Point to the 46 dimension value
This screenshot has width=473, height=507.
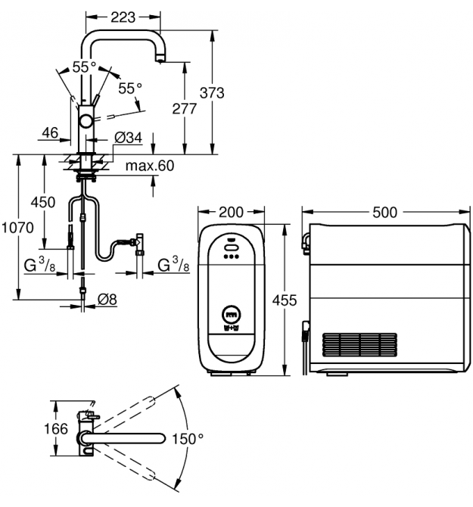tap(51, 133)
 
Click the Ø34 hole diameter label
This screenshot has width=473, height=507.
tap(129, 138)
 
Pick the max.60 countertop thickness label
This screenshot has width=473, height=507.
tap(150, 166)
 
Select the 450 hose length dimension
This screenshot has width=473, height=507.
tap(42, 202)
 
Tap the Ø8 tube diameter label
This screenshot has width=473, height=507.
tap(107, 299)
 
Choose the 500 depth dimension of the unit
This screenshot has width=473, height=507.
tap(384, 213)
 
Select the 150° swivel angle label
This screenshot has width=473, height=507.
tap(189, 439)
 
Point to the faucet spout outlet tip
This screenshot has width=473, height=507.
tap(159, 60)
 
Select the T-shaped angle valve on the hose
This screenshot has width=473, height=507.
tap(140, 242)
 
